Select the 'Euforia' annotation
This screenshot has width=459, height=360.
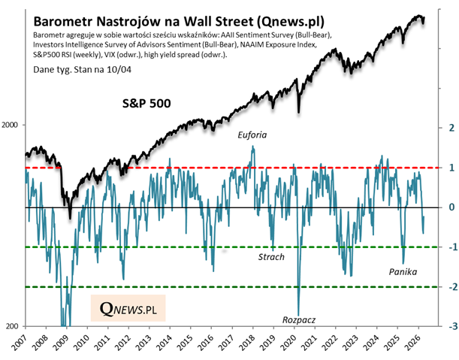[x=252, y=135]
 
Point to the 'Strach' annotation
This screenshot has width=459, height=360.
[x=271, y=257]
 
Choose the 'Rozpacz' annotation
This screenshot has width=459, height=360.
[x=299, y=319]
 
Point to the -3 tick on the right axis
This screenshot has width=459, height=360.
[x=448, y=327]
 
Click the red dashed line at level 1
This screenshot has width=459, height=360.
[x=188, y=167]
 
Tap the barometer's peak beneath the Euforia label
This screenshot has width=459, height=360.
[x=252, y=147]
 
